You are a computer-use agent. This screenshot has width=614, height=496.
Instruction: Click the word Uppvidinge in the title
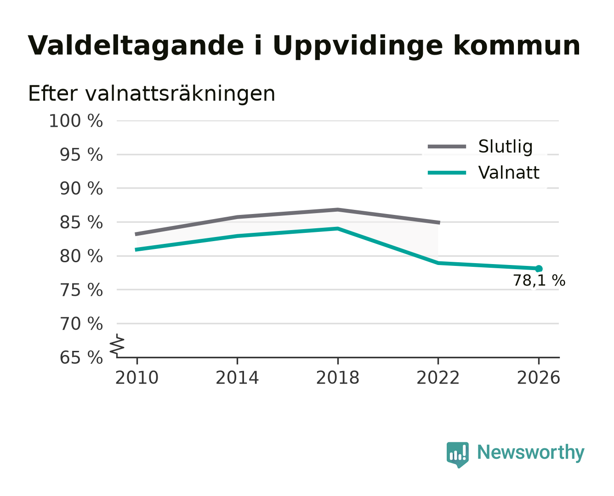tap(358, 46)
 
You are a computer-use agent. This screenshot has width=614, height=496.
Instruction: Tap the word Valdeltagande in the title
tap(136, 46)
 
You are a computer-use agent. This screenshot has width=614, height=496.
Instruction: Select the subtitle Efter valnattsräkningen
tap(152, 94)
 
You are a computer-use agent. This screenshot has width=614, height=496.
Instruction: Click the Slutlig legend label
tap(506, 147)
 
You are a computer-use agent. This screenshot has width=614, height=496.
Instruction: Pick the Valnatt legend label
tap(509, 173)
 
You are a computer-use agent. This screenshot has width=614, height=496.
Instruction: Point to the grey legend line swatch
tap(447, 147)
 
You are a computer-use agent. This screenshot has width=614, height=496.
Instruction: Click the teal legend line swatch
tap(447, 173)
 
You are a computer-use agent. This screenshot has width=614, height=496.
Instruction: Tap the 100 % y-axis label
tap(76, 121)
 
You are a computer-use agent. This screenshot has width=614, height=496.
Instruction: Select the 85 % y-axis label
tap(81, 223)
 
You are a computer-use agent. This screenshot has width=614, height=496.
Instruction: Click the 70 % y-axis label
tap(81, 324)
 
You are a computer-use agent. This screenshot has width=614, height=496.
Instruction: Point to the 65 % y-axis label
tap(81, 358)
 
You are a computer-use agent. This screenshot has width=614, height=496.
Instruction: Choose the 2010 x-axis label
tap(137, 378)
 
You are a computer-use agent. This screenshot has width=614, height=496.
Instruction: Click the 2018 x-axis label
tap(337, 378)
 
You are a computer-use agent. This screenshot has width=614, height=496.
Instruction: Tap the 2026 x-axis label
tap(538, 378)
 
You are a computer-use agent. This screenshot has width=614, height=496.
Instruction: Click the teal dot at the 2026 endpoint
tap(539, 269)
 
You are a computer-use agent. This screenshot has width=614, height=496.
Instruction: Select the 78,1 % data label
tap(539, 281)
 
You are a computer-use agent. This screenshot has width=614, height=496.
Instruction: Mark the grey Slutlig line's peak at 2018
tap(337, 209)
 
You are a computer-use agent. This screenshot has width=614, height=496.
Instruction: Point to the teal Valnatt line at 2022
tap(438, 263)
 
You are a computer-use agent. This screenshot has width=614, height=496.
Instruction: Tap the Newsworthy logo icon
tap(457, 455)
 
